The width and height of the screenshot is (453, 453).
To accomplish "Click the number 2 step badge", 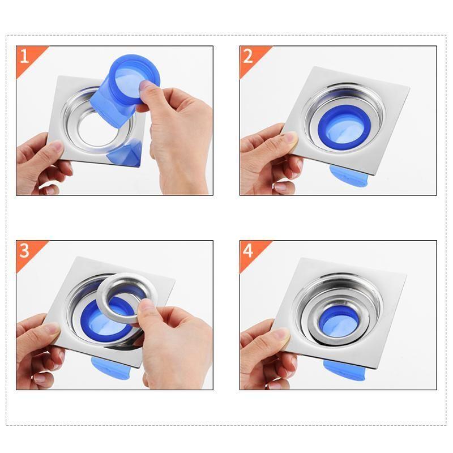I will pos(248,56).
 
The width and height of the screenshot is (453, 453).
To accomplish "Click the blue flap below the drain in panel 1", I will pos(126,155).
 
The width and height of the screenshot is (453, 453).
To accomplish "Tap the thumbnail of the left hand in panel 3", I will pos(52,329).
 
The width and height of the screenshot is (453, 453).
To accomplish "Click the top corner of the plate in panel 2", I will pos(328,67).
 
